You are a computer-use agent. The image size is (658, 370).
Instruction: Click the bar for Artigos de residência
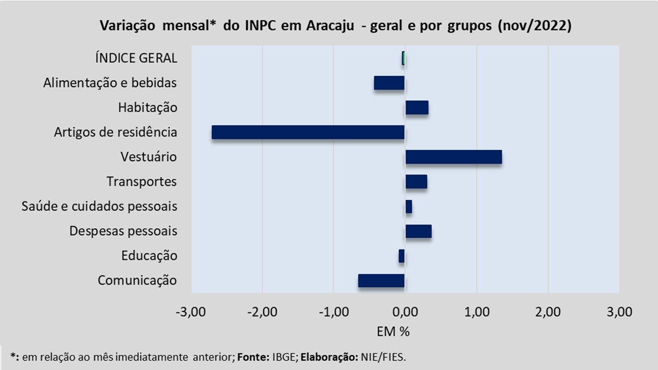tap(308, 132)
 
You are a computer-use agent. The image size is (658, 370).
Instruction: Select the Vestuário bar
tap(453, 157)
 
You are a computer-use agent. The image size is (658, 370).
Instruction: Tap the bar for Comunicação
tap(381, 281)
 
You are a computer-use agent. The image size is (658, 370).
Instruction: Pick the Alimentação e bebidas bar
tap(389, 83)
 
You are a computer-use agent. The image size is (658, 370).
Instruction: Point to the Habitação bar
tap(416, 107)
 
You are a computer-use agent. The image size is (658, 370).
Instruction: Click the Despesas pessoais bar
tap(418, 231)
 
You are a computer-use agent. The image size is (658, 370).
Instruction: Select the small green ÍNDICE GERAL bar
tap(404, 58)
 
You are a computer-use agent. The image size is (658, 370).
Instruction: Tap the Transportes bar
tap(416, 181)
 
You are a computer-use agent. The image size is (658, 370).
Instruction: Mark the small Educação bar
tap(401, 256)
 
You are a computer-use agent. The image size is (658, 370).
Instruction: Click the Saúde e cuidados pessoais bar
tap(408, 207)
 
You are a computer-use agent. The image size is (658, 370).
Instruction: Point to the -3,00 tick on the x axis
tap(191, 312)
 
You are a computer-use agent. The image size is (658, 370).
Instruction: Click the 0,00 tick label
tap(405, 312)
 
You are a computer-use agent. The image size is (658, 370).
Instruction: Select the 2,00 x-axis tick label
tap(548, 312)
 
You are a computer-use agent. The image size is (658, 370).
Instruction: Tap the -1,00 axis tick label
tap(334, 312)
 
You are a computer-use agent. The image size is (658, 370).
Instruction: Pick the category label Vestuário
tap(149, 157)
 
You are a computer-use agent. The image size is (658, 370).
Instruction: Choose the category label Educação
tap(149, 256)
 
